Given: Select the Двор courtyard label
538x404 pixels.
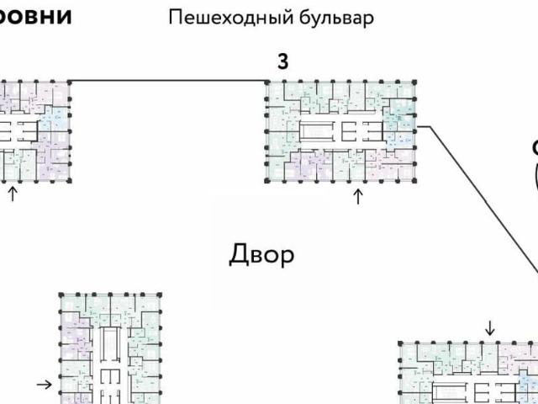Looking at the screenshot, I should [x=261, y=255].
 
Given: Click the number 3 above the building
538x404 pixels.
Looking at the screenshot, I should [x=283, y=61].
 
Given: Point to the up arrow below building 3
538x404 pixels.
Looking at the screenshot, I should [x=358, y=197].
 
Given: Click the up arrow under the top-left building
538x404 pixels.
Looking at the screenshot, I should [x=13, y=194].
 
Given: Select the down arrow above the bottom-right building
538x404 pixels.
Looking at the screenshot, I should [x=491, y=327].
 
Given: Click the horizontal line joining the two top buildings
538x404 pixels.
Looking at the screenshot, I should [x=168, y=81].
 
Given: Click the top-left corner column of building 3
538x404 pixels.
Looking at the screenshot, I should [x=268, y=82].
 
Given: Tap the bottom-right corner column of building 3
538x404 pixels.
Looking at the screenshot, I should [x=414, y=180].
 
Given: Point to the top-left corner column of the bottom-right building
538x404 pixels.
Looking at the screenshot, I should [x=400, y=343].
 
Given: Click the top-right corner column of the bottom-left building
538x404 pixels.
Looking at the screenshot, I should [x=158, y=295].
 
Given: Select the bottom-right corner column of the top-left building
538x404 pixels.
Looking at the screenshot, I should [x=70, y=180].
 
